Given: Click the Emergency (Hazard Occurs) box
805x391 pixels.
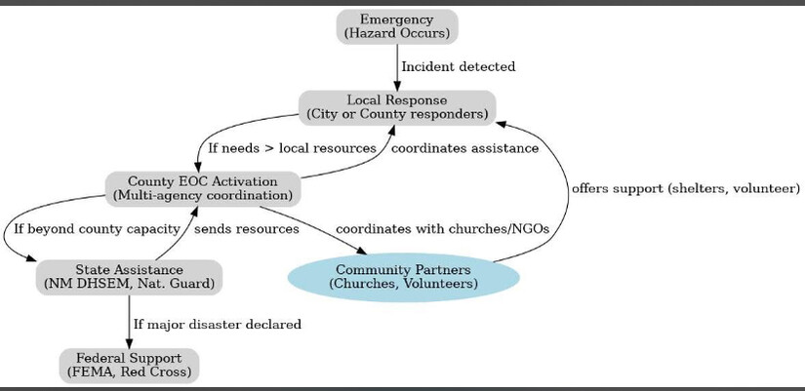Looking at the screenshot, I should point(397,26).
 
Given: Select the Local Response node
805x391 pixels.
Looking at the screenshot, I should point(397,107).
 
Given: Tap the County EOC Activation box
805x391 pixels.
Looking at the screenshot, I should point(203,188).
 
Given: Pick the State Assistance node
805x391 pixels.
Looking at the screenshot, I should point(128,277).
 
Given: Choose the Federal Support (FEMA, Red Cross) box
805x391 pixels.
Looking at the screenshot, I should point(129,365).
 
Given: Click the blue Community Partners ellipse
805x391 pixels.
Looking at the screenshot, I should point(403,276).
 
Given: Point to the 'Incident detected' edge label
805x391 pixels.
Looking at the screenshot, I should point(459,67).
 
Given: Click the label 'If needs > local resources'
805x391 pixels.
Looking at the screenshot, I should point(292,148).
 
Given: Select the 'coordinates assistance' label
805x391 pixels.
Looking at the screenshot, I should point(464,148).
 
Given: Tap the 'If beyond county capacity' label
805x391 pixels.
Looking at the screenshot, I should point(97,229).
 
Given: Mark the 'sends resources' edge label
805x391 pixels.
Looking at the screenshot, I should point(246,229).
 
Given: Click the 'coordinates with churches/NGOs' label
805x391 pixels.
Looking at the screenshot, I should point(442,229).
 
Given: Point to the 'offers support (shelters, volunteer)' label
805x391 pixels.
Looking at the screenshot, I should point(685,187).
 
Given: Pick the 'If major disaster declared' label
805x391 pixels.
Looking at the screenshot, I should point(217,323).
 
